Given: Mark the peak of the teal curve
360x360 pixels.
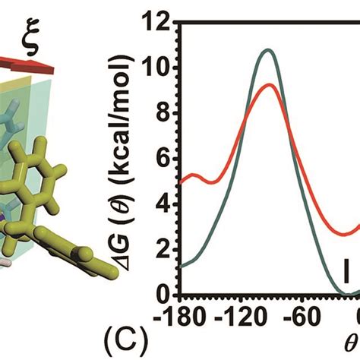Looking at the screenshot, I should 267,50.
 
